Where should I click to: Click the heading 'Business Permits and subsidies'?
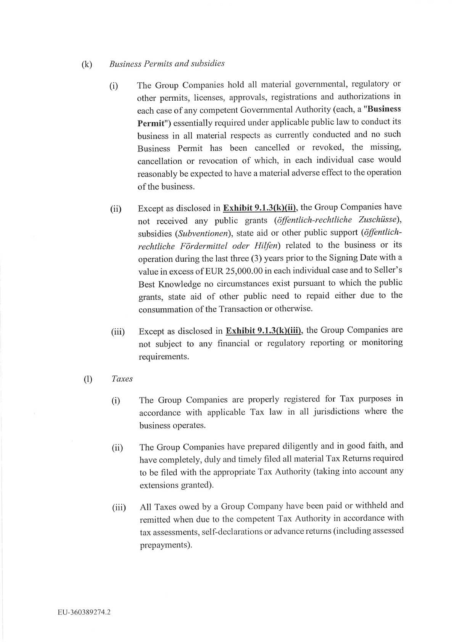point(167,64)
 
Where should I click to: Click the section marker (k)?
point(87,64)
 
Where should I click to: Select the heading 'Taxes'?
point(122,379)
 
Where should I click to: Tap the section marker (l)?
point(88,379)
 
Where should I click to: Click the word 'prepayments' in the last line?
point(164,545)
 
